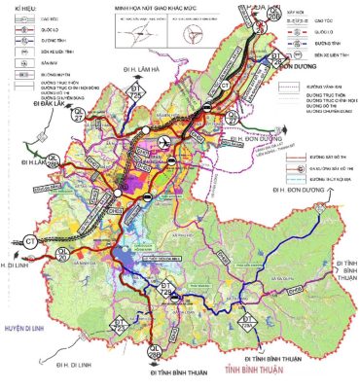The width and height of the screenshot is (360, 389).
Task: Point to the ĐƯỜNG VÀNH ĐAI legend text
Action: (317, 86)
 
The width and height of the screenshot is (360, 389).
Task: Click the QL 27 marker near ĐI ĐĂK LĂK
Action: (54, 160)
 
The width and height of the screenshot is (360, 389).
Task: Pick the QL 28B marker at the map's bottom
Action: (153, 351)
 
